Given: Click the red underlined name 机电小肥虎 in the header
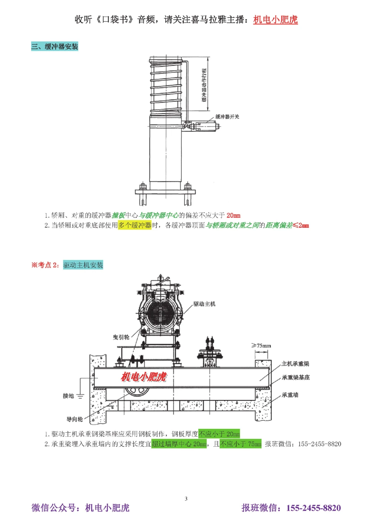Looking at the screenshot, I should click(x=275, y=20).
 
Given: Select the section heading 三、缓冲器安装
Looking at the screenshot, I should click(x=55, y=47).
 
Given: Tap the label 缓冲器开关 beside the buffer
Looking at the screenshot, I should click(x=227, y=117).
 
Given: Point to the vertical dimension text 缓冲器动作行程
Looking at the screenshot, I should click(x=204, y=85).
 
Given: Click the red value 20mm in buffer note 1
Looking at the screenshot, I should click(x=233, y=215).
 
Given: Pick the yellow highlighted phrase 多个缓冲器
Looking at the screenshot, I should click(x=135, y=225).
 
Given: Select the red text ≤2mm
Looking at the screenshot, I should click(x=301, y=225).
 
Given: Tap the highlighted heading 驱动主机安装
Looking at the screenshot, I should click(x=83, y=265).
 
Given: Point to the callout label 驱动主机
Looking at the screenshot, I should click(x=204, y=304).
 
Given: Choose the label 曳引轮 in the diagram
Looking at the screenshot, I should click(x=121, y=337).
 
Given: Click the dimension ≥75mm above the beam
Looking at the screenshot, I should click(x=261, y=346).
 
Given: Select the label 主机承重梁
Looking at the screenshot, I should click(x=295, y=364).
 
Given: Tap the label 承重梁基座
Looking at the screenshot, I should click(x=296, y=377).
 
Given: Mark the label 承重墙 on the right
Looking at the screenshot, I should click(x=290, y=395).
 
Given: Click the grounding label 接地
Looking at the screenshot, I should click(x=68, y=396).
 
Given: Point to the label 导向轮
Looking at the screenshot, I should click(x=74, y=419).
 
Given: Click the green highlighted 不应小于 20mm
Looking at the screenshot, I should click(x=219, y=434).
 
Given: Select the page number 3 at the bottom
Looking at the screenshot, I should click(x=186, y=499).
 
